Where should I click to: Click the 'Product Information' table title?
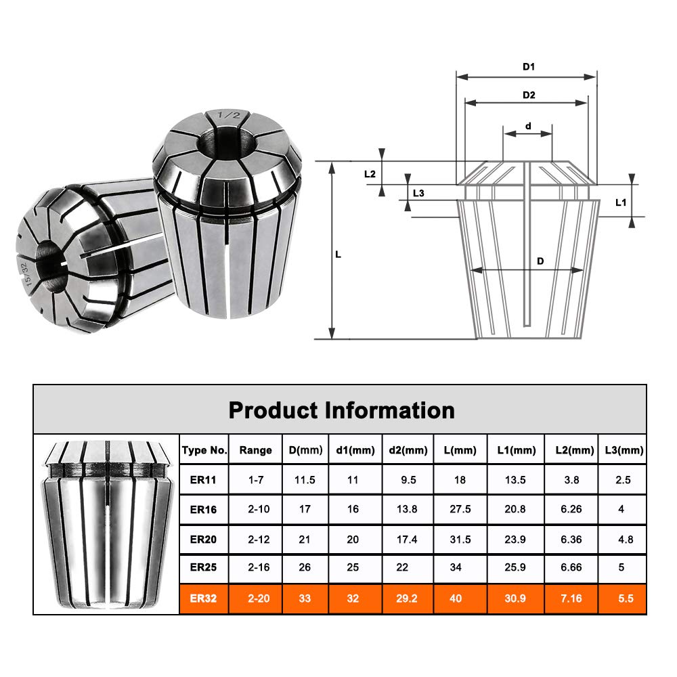(341, 410)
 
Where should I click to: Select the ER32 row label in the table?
(204, 599)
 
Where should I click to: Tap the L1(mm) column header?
(516, 450)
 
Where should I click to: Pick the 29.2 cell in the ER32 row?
(408, 599)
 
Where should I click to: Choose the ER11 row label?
(204, 480)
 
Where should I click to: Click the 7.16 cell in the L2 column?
(571, 599)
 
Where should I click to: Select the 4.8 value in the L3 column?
(621, 540)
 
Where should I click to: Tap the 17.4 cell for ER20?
(408, 540)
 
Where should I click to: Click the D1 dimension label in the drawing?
(529, 67)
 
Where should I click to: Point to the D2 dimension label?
(529, 95)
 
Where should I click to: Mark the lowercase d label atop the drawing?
(528, 125)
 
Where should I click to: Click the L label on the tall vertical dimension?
(338, 255)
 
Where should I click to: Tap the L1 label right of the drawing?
(620, 202)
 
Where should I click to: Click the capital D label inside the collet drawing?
(540, 261)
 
